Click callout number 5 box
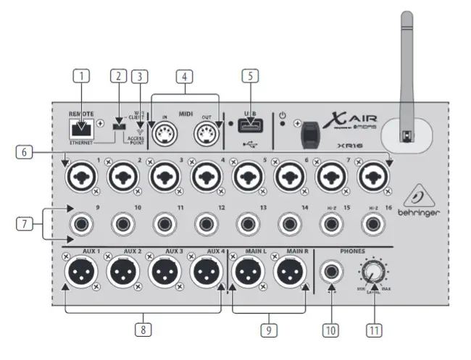coord(251,75)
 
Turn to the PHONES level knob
coord(373,272)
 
